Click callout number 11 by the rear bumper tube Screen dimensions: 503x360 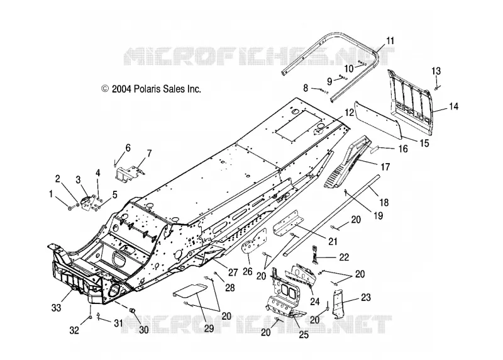(x=390, y=41)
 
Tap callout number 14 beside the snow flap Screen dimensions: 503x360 (x=453, y=106)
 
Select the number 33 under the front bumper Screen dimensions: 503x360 (x=56, y=308)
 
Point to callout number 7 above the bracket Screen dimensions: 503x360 (x=149, y=153)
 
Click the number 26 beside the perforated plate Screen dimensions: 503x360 (x=247, y=271)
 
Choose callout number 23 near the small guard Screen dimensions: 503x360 (x=366, y=297)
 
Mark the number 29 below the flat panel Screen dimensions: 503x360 (x=209, y=328)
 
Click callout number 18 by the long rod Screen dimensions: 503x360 (x=384, y=202)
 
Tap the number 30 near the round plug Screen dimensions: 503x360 (x=143, y=330)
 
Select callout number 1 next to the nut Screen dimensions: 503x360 (x=51, y=194)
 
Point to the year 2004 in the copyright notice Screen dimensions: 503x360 (x=121, y=89)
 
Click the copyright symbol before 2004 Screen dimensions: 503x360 (x=105, y=89)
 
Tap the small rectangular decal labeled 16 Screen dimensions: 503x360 (x=375, y=149)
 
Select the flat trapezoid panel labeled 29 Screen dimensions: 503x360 (x=190, y=291)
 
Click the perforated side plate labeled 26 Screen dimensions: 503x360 (x=255, y=242)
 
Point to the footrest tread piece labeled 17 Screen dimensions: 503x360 (x=347, y=161)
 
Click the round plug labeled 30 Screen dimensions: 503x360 (x=131, y=310)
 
